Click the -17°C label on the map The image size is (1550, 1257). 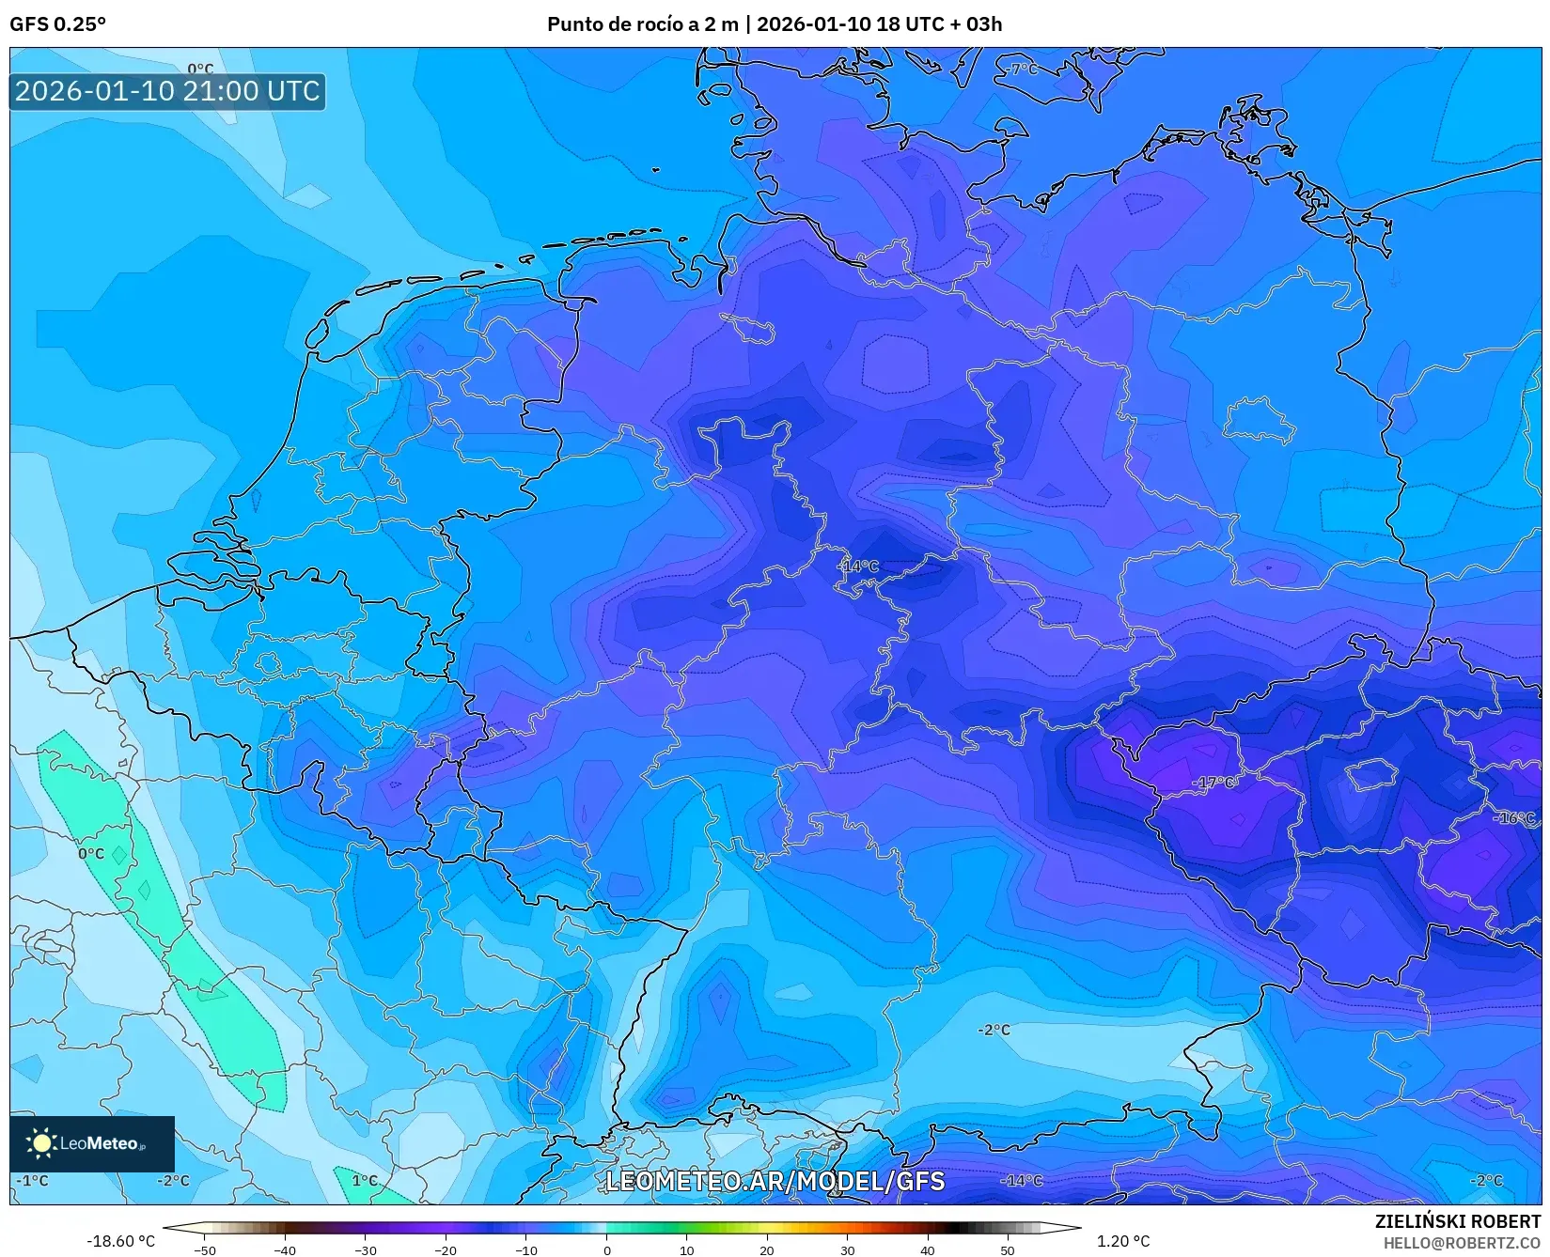(x=1213, y=782)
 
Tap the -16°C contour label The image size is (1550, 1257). (x=1513, y=818)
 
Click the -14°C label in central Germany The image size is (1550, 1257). (x=857, y=566)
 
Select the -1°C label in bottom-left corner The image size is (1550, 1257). (x=33, y=1180)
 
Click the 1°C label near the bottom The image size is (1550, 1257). (x=365, y=1180)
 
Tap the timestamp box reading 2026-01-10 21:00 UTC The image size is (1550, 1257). (x=167, y=91)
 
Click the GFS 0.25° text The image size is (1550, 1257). (x=57, y=24)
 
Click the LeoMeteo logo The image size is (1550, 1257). (x=91, y=1143)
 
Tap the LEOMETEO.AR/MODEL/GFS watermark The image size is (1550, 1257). (x=775, y=1181)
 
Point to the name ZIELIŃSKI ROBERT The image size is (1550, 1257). (x=1458, y=1221)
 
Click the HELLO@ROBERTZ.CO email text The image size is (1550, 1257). (x=1462, y=1242)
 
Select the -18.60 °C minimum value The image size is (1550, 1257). (x=120, y=1241)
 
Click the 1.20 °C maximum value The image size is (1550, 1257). (x=1122, y=1241)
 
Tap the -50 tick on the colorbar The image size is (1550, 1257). (x=204, y=1250)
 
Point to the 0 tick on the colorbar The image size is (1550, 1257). (x=606, y=1250)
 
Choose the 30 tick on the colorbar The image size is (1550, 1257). (x=847, y=1250)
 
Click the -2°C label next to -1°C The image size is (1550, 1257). (x=173, y=1180)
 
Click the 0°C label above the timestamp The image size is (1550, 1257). (x=200, y=69)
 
